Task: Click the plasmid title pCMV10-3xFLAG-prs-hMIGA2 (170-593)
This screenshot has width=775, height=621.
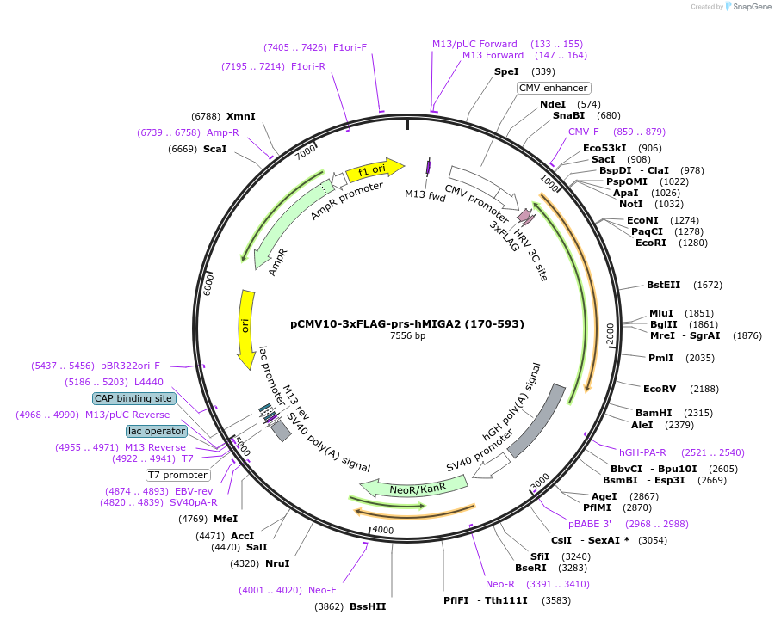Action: coord(407,324)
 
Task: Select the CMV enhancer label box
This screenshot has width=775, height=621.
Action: coord(554,88)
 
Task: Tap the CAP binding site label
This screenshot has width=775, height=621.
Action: coord(133,398)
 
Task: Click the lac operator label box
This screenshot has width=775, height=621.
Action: coord(156,431)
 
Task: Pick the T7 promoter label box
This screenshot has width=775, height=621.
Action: coord(177,475)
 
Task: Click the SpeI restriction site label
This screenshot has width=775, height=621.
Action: coord(506,71)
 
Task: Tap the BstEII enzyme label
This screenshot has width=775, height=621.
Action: coord(663,285)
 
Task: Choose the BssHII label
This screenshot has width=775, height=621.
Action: coord(368,606)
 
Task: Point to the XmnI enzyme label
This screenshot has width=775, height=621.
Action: coord(241,116)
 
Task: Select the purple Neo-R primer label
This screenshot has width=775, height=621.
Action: coord(500,584)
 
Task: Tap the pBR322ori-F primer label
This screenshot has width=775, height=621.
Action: coord(130,366)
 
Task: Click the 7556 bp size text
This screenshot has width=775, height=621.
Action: coord(407,336)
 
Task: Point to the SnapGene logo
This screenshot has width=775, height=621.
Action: coord(746,7)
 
